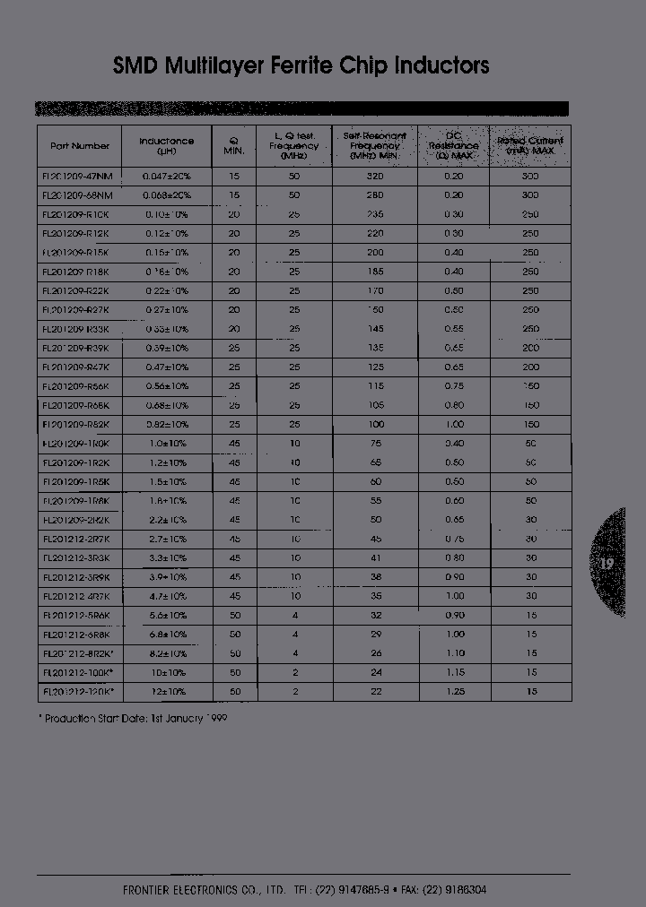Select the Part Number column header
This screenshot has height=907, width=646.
(x=80, y=145)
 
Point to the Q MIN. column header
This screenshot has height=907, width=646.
(x=234, y=145)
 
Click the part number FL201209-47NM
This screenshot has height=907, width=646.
(x=77, y=177)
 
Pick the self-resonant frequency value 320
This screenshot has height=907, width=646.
(x=375, y=177)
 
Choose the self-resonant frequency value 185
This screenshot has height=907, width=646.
(x=375, y=272)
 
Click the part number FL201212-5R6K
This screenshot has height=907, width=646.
(x=76, y=615)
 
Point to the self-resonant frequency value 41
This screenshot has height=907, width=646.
(x=375, y=557)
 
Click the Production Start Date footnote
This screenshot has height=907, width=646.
(x=132, y=719)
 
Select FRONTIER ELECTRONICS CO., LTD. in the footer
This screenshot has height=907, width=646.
(x=204, y=890)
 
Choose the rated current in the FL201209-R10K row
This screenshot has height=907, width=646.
(x=530, y=215)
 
